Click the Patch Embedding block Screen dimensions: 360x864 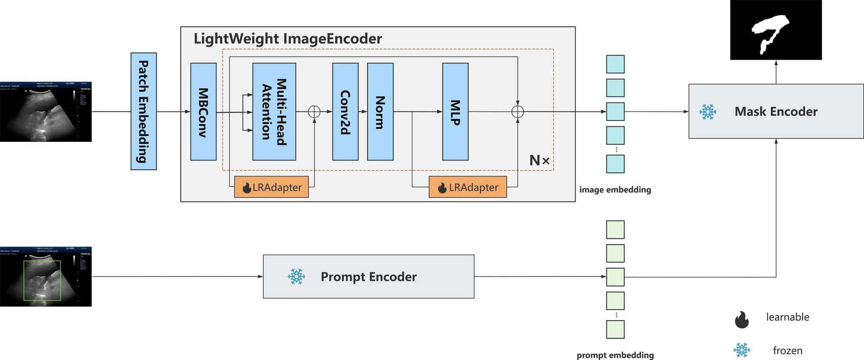143,112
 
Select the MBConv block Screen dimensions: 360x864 203,112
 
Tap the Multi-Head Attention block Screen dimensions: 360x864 274,112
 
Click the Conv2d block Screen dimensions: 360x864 345,112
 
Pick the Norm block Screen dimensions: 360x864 380,112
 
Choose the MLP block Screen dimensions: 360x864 455,112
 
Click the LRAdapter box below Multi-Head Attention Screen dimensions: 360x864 271,187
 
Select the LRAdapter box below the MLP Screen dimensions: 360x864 467,187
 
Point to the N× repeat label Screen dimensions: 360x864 540,160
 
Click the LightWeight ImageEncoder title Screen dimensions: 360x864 288,39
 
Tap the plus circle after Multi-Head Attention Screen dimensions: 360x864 314,112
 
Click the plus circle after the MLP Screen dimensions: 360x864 518,112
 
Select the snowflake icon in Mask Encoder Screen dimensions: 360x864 708,112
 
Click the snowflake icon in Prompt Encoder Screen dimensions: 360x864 296,277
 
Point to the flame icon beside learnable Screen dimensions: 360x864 742,319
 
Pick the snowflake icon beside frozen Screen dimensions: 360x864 742,350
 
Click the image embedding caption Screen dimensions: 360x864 615,190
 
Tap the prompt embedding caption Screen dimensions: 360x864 615,355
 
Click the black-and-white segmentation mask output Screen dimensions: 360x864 776,30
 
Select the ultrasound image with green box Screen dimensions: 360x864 46,277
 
